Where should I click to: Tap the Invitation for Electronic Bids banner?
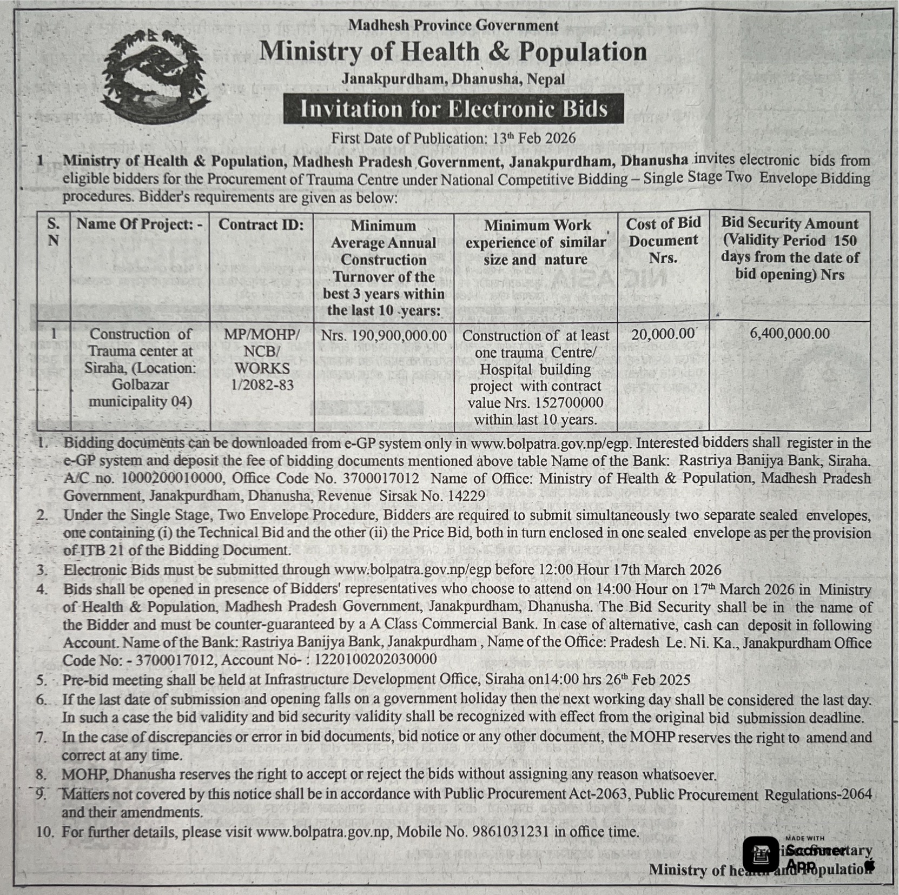[x=453, y=109]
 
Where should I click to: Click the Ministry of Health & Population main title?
[x=453, y=52]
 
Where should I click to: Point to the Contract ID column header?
[x=261, y=225]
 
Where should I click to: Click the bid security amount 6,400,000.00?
[x=789, y=334]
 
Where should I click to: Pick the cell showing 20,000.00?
[x=662, y=334]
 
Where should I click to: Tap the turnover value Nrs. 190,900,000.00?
[x=384, y=336]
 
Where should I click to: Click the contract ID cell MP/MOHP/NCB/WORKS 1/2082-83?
[x=262, y=360]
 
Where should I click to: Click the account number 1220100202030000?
[x=375, y=660]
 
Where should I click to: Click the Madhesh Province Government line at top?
[x=453, y=25]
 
